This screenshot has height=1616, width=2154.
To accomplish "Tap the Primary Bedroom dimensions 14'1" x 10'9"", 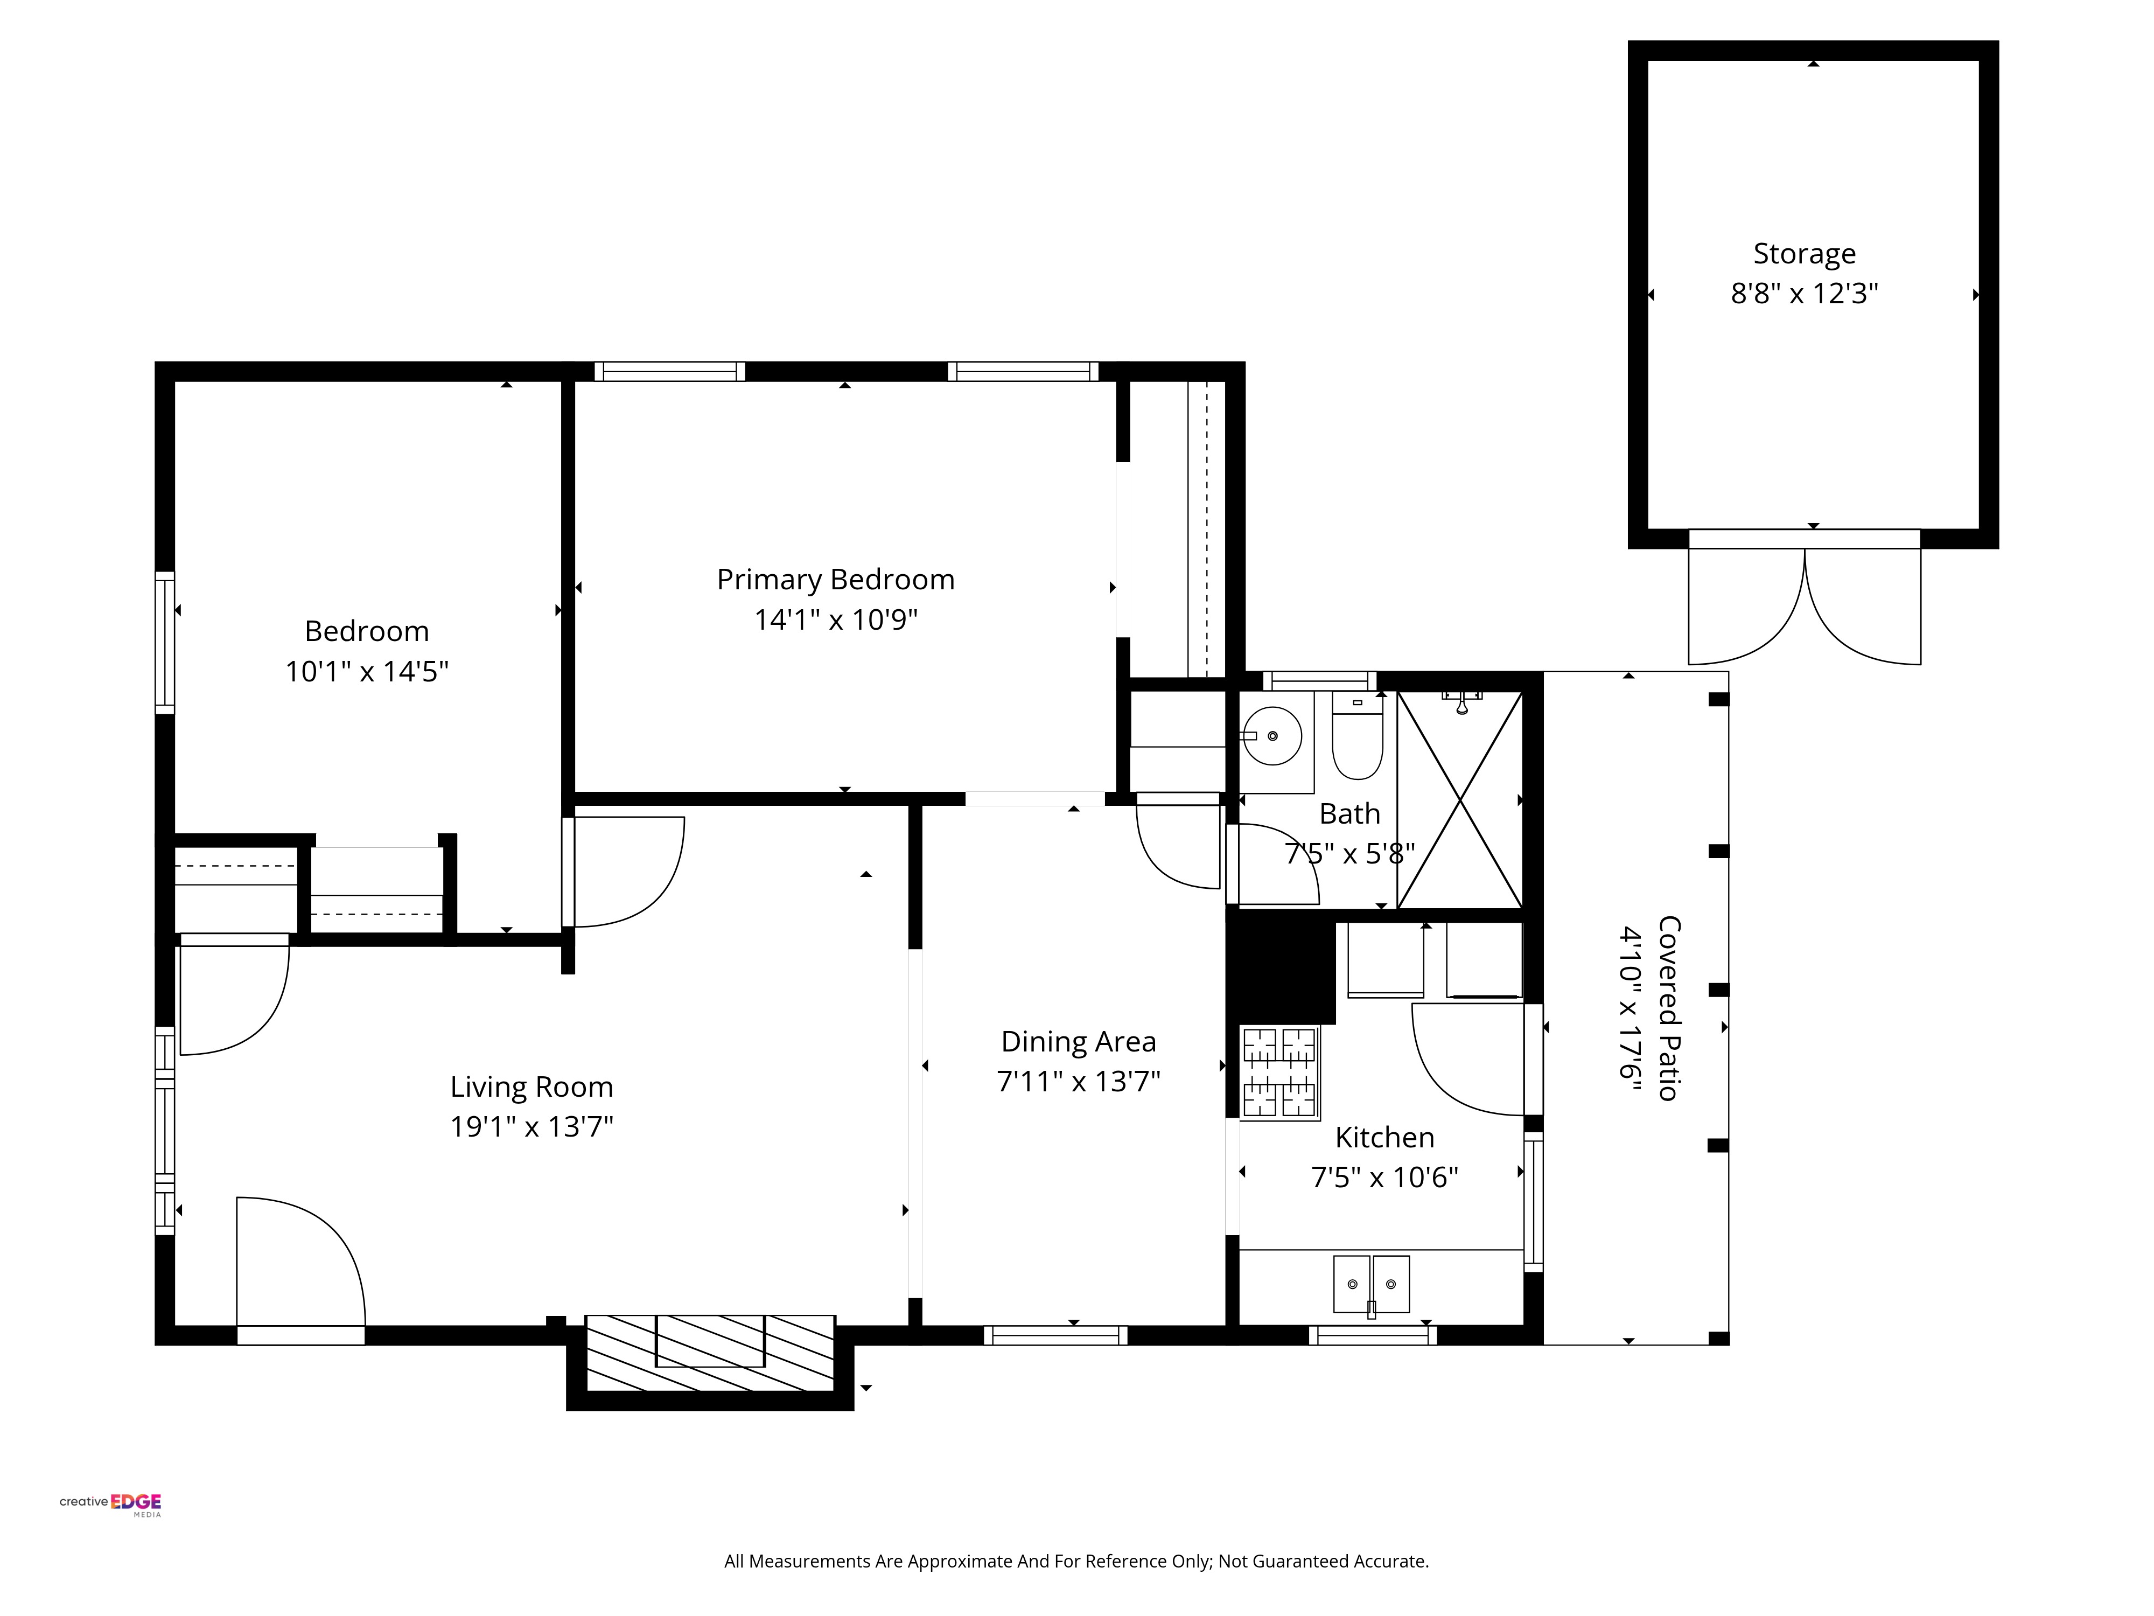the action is (x=836, y=619).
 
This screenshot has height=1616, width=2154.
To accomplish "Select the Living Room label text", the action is (x=531, y=1087).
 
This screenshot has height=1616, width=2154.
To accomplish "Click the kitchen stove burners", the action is (x=1279, y=1072).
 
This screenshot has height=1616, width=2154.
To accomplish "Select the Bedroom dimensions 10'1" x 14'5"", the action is (x=367, y=671).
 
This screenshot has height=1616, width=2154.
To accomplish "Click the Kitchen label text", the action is (x=1384, y=1137).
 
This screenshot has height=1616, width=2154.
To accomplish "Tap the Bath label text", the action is (x=1349, y=813).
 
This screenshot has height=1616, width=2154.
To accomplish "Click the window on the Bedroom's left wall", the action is (x=165, y=643).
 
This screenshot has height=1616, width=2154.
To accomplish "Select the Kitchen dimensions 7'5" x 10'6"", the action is (x=1384, y=1178).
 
